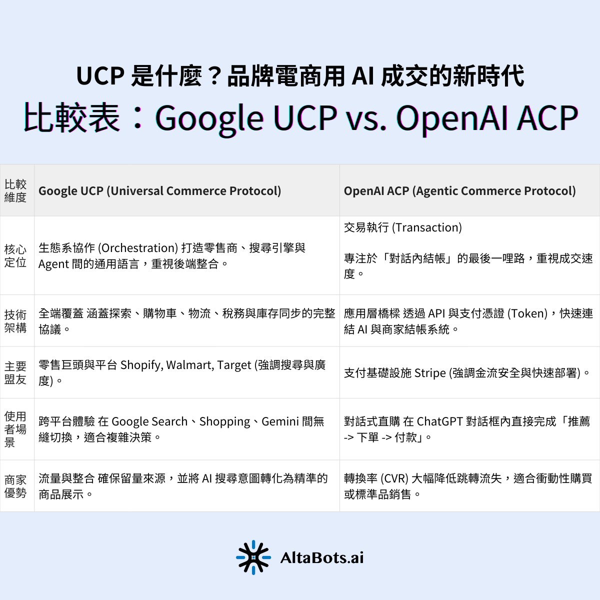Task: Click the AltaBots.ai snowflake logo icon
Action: coord(253,557)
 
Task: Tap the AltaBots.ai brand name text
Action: coord(322,557)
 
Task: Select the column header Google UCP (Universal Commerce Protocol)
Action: coord(159,191)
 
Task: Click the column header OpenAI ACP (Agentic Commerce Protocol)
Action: coord(459,191)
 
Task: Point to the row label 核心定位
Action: coord(15,255)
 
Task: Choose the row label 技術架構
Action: coord(15,321)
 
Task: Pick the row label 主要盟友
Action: coord(15,372)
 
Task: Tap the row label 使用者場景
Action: coord(15,429)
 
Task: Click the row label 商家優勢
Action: coord(15,486)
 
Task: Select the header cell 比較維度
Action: coord(15,190)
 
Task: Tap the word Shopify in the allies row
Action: coord(141,365)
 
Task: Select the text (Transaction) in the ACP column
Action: coord(427,227)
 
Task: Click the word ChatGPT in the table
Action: coord(439,421)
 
